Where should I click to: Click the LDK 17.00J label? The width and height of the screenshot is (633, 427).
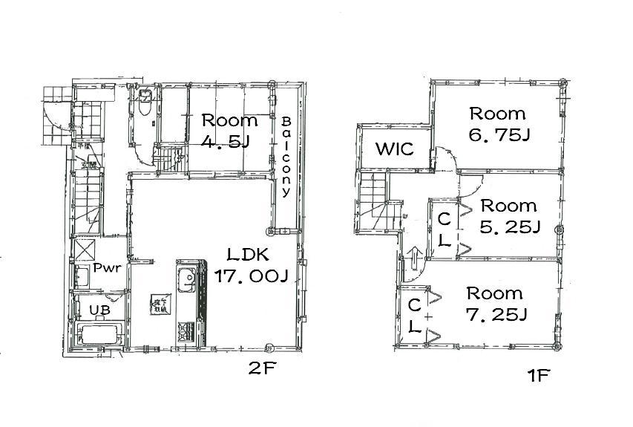[x=250, y=265]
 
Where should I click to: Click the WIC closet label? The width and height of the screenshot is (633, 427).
[x=393, y=149]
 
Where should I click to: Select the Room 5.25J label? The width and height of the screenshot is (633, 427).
[x=508, y=215]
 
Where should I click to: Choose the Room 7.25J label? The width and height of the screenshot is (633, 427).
[x=495, y=304]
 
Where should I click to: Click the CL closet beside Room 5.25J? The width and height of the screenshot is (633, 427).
[x=443, y=230]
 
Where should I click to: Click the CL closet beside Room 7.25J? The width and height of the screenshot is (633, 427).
[x=414, y=315]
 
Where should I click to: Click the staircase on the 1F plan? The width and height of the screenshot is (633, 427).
[x=375, y=203]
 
